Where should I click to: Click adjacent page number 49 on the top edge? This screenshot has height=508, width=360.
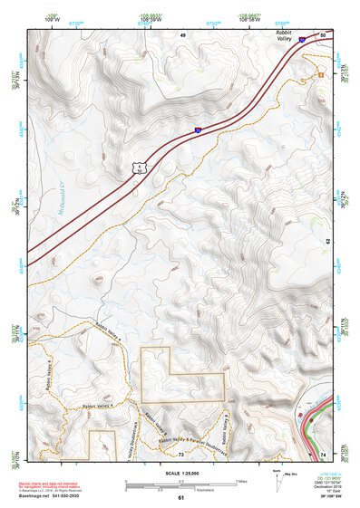[x=181, y=34]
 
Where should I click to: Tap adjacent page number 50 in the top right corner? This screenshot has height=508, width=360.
[x=325, y=34]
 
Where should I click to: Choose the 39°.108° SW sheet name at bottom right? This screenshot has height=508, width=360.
[x=322, y=497]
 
